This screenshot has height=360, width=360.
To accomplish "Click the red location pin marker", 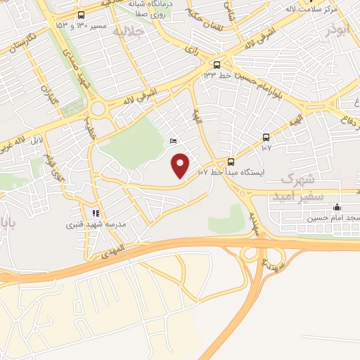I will [x=181, y=166].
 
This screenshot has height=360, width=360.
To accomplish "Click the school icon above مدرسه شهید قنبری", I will [x=96, y=212].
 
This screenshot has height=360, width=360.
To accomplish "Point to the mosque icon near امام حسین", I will [x=337, y=207].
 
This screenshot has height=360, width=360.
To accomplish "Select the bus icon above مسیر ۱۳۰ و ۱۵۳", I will [x=82, y=15].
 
